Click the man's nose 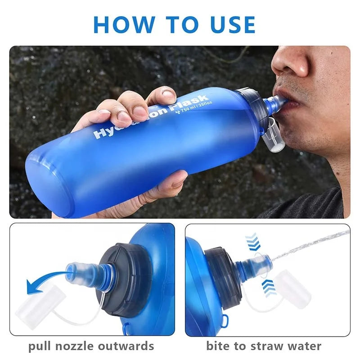click(288, 63)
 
